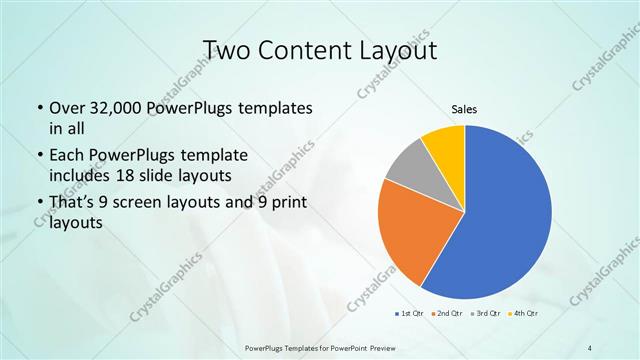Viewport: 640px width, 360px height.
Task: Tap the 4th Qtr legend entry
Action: click(524, 314)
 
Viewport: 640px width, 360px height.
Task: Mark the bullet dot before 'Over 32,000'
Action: click(39, 108)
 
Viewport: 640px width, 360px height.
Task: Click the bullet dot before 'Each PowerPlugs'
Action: click(39, 157)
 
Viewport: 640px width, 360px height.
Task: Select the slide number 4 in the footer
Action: click(590, 347)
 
